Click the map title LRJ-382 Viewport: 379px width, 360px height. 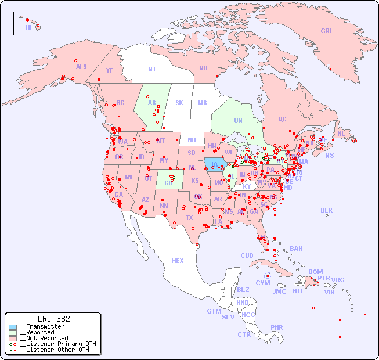click(53, 319)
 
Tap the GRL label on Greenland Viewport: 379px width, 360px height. click(327, 31)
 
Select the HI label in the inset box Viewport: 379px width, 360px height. click(28, 27)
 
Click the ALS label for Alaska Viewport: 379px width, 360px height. click(81, 67)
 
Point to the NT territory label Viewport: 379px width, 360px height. click(152, 69)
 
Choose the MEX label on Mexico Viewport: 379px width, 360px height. click(178, 261)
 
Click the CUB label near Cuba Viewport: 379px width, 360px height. click(247, 255)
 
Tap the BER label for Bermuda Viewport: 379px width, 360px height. click(327, 210)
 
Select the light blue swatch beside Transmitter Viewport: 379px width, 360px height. click(13, 327)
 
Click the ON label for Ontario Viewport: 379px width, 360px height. click(238, 120)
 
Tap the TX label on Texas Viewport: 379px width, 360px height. click(189, 218)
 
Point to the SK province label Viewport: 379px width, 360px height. click(179, 103)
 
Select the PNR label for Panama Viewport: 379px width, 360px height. click(277, 327)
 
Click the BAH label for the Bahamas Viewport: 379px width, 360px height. click(296, 249)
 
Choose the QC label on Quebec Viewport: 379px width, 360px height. click(282, 119)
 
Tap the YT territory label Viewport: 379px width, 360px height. click(109, 70)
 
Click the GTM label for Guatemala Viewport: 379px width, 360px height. click(214, 311)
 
